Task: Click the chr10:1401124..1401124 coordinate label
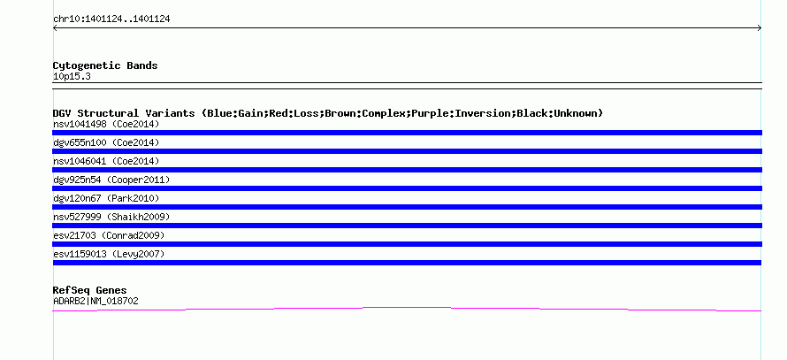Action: click(x=111, y=19)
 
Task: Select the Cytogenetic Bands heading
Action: click(x=105, y=65)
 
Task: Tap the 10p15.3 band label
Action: click(x=72, y=77)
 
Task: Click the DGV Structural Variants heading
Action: click(x=328, y=113)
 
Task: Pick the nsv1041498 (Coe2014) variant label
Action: click(x=106, y=124)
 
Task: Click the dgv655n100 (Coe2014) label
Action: click(x=106, y=142)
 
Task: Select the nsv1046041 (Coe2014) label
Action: click(x=106, y=161)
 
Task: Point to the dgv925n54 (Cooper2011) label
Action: click(x=111, y=180)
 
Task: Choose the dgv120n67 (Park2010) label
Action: click(x=106, y=198)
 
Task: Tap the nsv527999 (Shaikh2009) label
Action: click(x=111, y=217)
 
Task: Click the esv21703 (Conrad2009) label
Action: click(x=109, y=235)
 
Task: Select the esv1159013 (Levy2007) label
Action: click(x=109, y=254)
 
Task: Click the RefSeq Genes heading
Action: click(x=89, y=290)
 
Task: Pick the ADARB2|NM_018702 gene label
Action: click(x=96, y=302)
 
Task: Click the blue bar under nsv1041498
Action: click(x=407, y=133)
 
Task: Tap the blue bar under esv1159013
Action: click(x=407, y=263)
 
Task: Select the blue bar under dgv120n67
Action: click(x=407, y=207)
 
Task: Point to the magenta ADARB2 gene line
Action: click(x=407, y=307)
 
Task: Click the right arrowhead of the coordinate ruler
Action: click(x=760, y=28)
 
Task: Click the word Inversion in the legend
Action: click(x=482, y=113)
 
